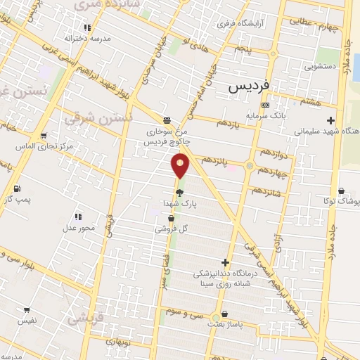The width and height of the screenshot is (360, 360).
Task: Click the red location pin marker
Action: [181, 166]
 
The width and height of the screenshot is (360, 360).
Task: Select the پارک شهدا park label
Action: [179, 203]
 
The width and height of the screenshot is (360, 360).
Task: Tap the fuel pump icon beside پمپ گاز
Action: [16, 188]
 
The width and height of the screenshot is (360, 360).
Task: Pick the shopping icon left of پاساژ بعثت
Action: [224, 315]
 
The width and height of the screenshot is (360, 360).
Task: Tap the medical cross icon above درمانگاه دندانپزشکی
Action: [225, 262]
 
